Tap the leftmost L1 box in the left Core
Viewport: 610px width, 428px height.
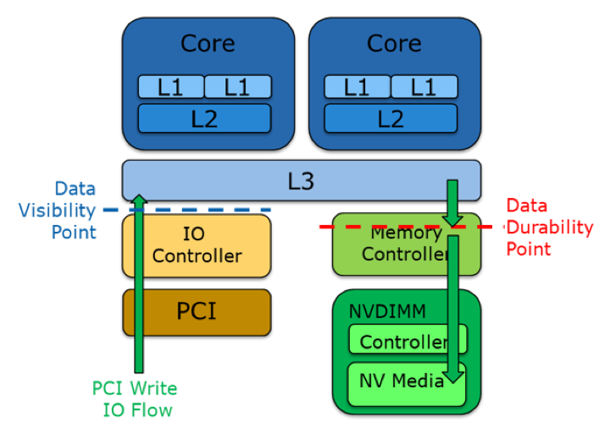[171, 87]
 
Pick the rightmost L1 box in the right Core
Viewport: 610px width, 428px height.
[424, 87]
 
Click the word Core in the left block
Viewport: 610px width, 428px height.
[208, 44]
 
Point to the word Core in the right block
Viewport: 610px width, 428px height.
[394, 44]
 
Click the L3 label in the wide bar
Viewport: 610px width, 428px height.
[301, 179]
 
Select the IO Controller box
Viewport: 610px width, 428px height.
[197, 245]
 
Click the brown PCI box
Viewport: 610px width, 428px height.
[197, 311]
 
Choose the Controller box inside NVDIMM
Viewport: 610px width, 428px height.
[407, 341]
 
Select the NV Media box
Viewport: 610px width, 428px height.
[398, 383]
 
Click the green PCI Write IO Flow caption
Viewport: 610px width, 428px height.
[134, 399]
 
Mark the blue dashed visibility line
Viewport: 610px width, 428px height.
[212, 209]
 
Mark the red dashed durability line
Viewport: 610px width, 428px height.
[381, 227]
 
